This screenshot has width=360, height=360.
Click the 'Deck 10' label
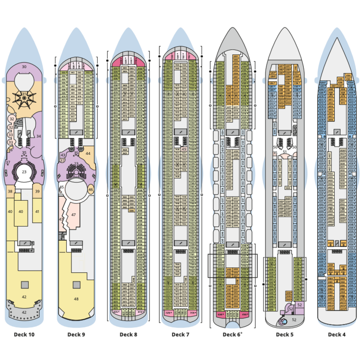[25, 334]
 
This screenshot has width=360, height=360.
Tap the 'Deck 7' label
[180, 334]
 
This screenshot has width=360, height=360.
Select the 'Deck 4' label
[337, 334]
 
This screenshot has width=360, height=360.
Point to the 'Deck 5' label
[284, 334]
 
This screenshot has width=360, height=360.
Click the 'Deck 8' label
[128, 334]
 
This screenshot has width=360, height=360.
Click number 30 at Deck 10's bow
[24, 67]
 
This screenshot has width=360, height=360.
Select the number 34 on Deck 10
[39, 136]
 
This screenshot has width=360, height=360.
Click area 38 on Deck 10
[10, 192]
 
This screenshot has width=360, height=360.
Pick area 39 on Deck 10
[37, 192]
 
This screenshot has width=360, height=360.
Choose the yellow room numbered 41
[37, 211]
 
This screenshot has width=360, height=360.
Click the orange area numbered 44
[88, 154]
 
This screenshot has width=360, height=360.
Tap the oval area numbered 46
[91, 190]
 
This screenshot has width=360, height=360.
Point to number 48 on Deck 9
[76, 299]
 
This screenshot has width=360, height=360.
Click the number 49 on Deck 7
[184, 149]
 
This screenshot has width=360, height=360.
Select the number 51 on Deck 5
[284, 152]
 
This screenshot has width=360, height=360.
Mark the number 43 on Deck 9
[63, 155]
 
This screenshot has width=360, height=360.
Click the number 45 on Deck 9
[62, 188]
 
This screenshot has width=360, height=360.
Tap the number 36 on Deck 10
[10, 149]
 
